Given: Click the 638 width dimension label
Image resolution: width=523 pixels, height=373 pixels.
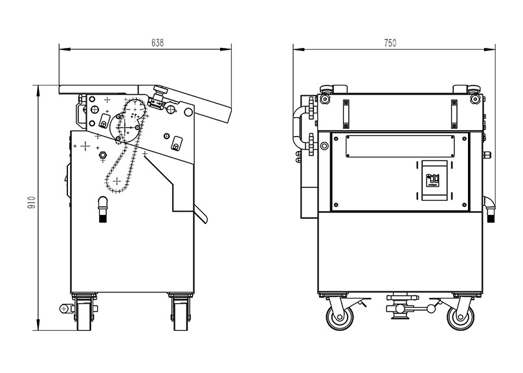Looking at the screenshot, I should point(157,43).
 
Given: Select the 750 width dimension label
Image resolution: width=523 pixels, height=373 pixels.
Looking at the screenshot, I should point(390,43).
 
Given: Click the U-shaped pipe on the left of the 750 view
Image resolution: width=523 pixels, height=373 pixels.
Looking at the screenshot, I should point(300,129).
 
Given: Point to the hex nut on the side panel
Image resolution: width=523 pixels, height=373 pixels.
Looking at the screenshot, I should point(102,154).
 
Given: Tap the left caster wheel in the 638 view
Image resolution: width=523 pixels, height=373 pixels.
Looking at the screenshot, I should point(83,313).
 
